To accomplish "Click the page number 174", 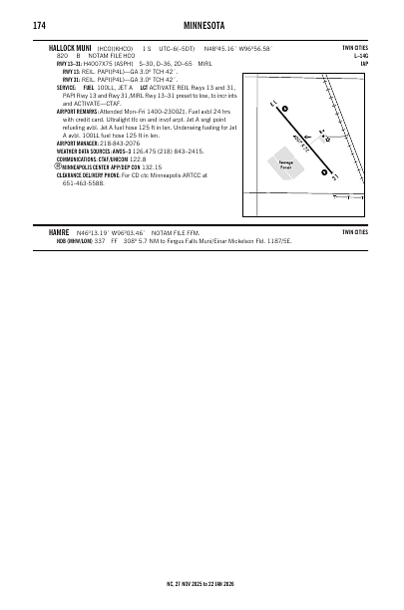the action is (x=38, y=24).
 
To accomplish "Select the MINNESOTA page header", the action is (x=201, y=24).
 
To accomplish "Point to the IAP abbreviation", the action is (x=364, y=64).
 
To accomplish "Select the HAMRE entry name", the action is (x=58, y=231).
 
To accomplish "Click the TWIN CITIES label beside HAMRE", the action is (x=354, y=231).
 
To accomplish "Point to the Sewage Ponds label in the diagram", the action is (x=285, y=164).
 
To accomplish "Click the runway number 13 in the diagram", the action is (x=273, y=103).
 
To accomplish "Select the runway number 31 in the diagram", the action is (x=334, y=178).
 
